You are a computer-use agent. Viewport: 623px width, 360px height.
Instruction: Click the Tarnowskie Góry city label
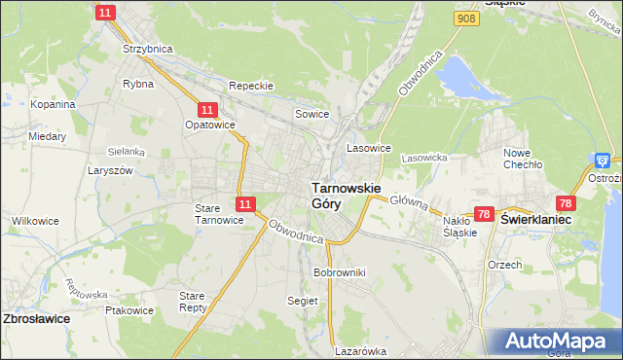click(346, 195)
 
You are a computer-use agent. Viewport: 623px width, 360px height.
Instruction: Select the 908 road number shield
click(466, 18)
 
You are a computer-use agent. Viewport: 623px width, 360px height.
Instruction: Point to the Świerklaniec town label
click(535, 221)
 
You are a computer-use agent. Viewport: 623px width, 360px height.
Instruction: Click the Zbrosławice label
click(36, 318)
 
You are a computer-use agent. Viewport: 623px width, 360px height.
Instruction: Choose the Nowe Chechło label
click(522, 159)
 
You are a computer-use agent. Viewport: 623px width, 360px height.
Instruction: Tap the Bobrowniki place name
click(339, 272)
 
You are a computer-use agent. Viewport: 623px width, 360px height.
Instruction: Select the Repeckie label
click(250, 86)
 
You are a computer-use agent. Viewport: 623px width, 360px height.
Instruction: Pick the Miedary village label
click(47, 137)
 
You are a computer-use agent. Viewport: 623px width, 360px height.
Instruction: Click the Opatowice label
click(209, 126)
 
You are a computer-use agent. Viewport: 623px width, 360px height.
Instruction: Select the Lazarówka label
click(360, 351)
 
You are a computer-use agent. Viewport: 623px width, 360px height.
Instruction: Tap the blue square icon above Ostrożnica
click(604, 161)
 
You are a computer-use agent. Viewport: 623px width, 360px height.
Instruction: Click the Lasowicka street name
click(423, 158)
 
